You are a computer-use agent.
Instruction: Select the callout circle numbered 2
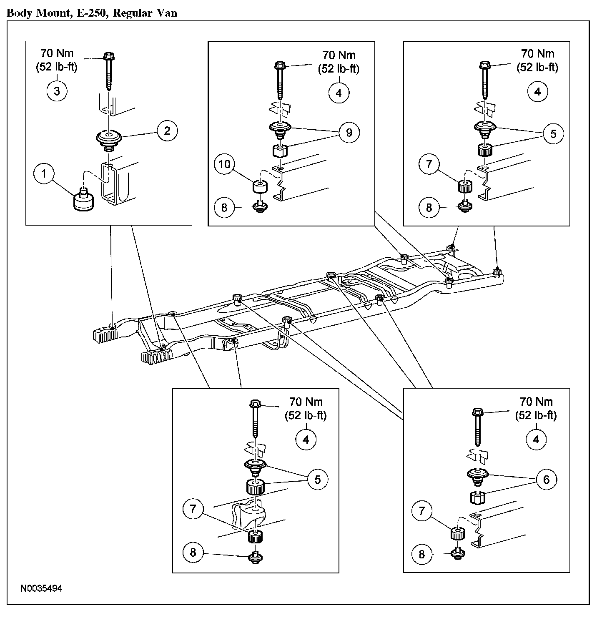(167, 131)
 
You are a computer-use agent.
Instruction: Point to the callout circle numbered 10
(225, 164)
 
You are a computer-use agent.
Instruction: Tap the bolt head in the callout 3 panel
(109, 56)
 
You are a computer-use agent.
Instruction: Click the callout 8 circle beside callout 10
(225, 207)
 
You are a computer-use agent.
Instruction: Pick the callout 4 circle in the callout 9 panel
(338, 93)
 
